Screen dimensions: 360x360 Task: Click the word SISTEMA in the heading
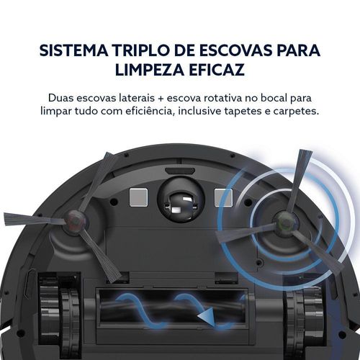click(73, 50)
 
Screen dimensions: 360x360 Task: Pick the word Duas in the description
click(60, 98)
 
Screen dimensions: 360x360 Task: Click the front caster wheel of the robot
click(181, 199)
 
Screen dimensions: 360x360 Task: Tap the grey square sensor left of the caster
click(138, 197)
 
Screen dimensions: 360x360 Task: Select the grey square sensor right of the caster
click(223, 197)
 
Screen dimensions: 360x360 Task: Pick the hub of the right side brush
click(284, 221)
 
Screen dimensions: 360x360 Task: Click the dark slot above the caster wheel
click(180, 171)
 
